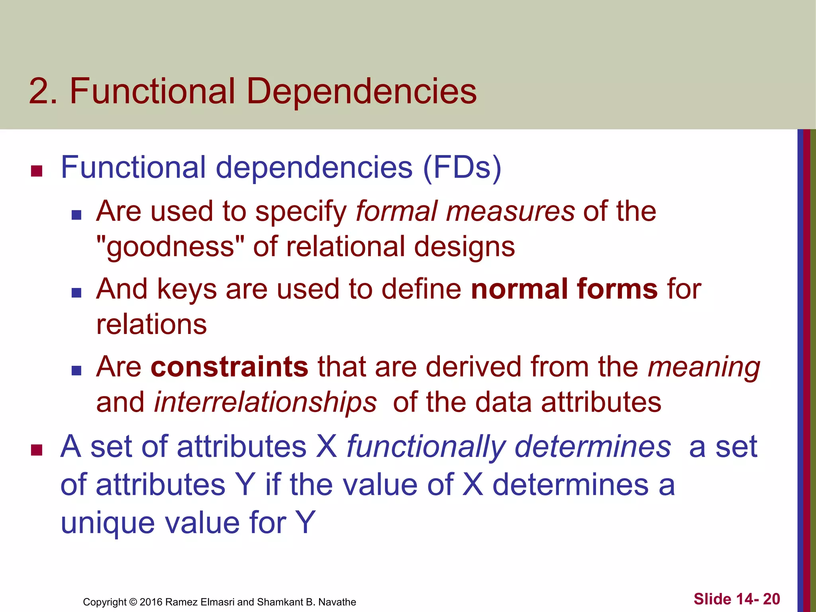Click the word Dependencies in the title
pyautogui.click(x=361, y=92)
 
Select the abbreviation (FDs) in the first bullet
pyautogui.click(x=462, y=167)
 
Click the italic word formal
pyautogui.click(x=396, y=211)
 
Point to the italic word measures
pyautogui.click(x=510, y=212)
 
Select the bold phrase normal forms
pyautogui.click(x=564, y=289)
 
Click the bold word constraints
pyautogui.click(x=229, y=367)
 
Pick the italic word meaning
pyautogui.click(x=704, y=367)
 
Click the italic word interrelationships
pyautogui.click(x=265, y=402)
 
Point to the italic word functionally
pyautogui.click(x=426, y=447)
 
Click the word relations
pyautogui.click(x=151, y=324)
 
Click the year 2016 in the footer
pyautogui.click(x=151, y=602)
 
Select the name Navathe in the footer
pyautogui.click(x=337, y=602)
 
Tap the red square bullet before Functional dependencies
pyautogui.click(x=37, y=171)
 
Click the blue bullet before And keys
pyautogui.click(x=76, y=293)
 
